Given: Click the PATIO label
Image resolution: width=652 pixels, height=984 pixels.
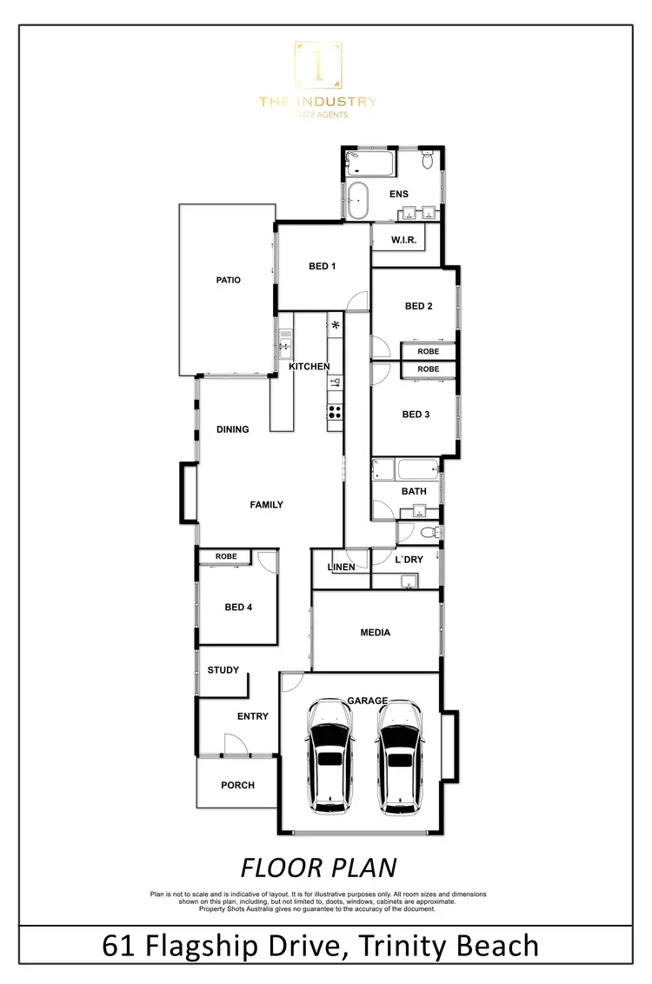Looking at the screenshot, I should click(228, 280).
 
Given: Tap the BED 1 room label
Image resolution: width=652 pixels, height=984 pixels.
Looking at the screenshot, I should click(323, 266).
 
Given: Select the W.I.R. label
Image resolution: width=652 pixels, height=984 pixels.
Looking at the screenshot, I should click(404, 239).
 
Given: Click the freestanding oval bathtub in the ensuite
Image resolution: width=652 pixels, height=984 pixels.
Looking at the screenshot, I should click(359, 201).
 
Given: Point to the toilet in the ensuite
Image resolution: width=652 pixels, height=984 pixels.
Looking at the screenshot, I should click(428, 161).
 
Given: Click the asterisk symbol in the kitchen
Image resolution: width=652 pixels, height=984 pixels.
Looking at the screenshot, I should click(336, 326).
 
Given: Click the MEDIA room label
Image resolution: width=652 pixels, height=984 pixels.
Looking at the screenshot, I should click(376, 633).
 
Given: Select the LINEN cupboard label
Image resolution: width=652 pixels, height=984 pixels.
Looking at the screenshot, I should click(341, 568).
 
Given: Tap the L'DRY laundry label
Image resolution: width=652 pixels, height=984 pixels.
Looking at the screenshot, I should click(409, 560).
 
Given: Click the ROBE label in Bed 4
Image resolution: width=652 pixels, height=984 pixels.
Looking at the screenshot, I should click(226, 556).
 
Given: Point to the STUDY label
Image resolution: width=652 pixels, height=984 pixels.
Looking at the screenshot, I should click(223, 670).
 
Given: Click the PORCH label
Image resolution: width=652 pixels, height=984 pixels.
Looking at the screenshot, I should click(237, 785).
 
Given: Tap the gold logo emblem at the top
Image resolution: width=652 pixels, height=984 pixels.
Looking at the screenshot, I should click(317, 66).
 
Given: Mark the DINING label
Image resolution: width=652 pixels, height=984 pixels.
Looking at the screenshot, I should click(233, 429).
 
